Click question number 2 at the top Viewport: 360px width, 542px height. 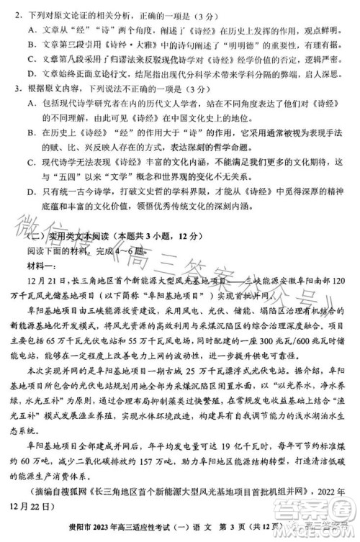coord(16,14)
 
